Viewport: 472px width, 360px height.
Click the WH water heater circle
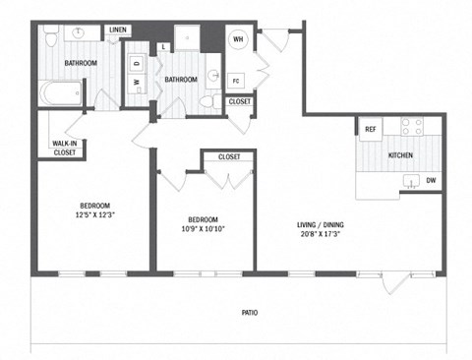pyautogui.click(x=237, y=39)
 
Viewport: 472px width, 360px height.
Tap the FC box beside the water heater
pyautogui.click(x=236, y=80)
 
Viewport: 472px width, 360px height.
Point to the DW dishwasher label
pyautogui.click(x=431, y=179)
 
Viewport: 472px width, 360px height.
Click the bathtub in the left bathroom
pyautogui.click(x=61, y=95)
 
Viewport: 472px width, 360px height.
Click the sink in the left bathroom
pyautogui.click(x=79, y=33)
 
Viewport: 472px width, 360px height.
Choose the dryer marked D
pyautogui.click(x=137, y=64)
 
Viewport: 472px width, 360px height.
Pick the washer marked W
pyautogui.click(x=137, y=84)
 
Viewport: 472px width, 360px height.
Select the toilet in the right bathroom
pyautogui.click(x=207, y=100)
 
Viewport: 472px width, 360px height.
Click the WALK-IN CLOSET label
pyautogui.click(x=65, y=149)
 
